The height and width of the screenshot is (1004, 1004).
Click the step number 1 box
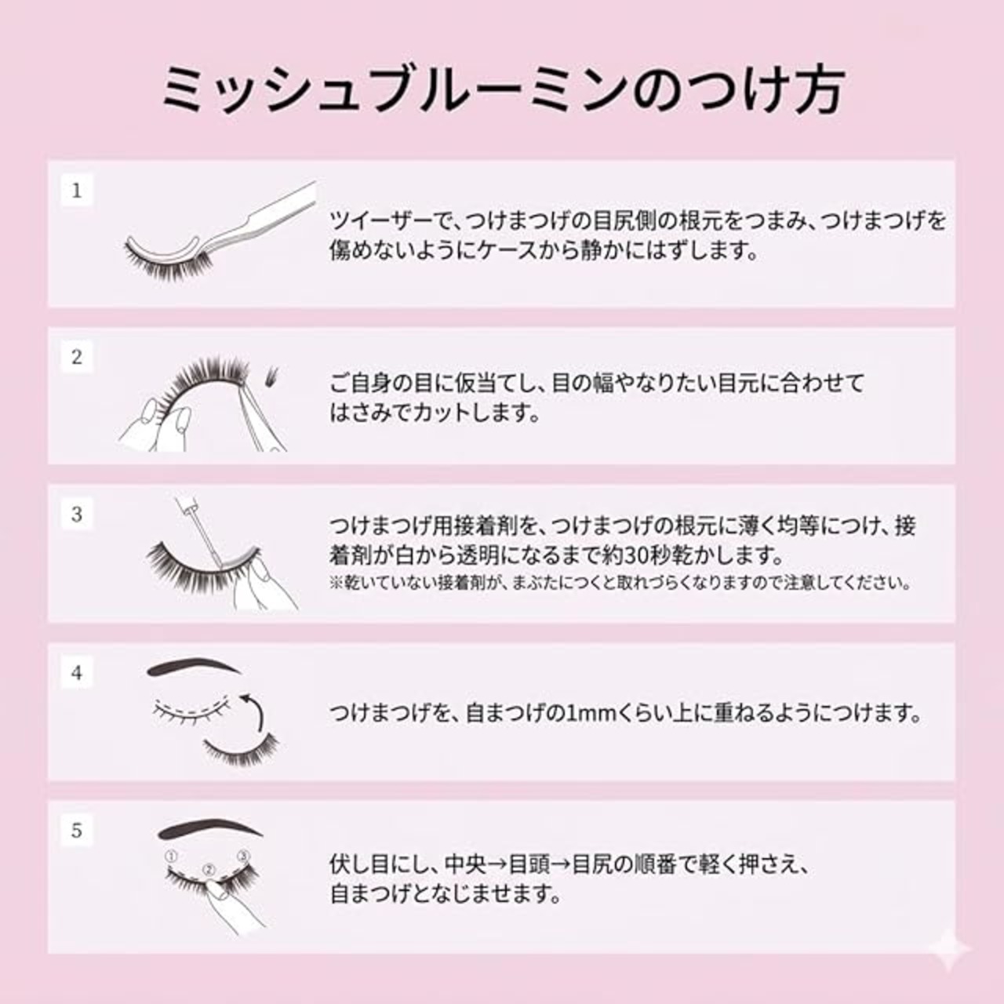click(77, 191)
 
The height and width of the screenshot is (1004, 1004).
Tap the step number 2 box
click(77, 358)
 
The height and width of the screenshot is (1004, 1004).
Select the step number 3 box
click(77, 515)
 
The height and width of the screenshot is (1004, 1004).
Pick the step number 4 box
click(77, 673)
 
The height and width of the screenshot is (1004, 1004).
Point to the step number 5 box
click(77, 831)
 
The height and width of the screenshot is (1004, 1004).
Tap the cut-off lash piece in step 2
click(273, 376)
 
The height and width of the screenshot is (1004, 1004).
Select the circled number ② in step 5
click(208, 870)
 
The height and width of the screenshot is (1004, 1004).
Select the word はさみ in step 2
click(361, 414)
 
